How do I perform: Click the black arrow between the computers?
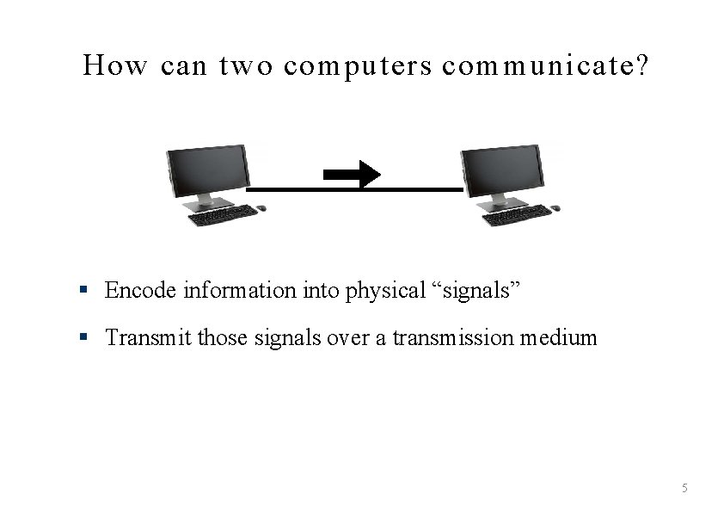353,175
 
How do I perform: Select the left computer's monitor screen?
207,169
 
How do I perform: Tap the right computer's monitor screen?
502,169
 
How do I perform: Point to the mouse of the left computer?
261,207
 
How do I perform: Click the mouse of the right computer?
555,207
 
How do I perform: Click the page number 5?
684,489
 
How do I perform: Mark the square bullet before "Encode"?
83,291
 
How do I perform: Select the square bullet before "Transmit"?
83,337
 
